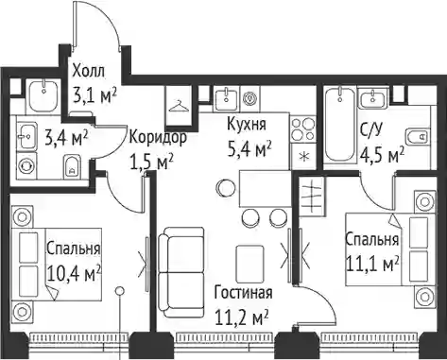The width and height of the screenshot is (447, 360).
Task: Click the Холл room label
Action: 88,72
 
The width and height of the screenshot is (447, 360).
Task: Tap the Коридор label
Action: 158,139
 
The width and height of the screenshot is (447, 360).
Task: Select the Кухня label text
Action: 247,124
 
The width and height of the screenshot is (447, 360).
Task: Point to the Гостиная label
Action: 243,292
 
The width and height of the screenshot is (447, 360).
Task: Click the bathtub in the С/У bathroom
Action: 340,124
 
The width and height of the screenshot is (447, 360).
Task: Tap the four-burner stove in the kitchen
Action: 302,129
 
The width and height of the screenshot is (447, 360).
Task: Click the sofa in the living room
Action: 181,272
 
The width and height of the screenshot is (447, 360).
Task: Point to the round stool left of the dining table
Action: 226,188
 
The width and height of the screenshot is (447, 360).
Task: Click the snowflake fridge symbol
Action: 303,157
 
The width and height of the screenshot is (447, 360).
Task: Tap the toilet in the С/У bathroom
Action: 417,136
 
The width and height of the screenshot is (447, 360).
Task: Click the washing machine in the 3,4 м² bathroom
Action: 25,165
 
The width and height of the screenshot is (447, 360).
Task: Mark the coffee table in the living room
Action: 249,264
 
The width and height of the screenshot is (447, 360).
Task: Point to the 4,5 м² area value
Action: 382,155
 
